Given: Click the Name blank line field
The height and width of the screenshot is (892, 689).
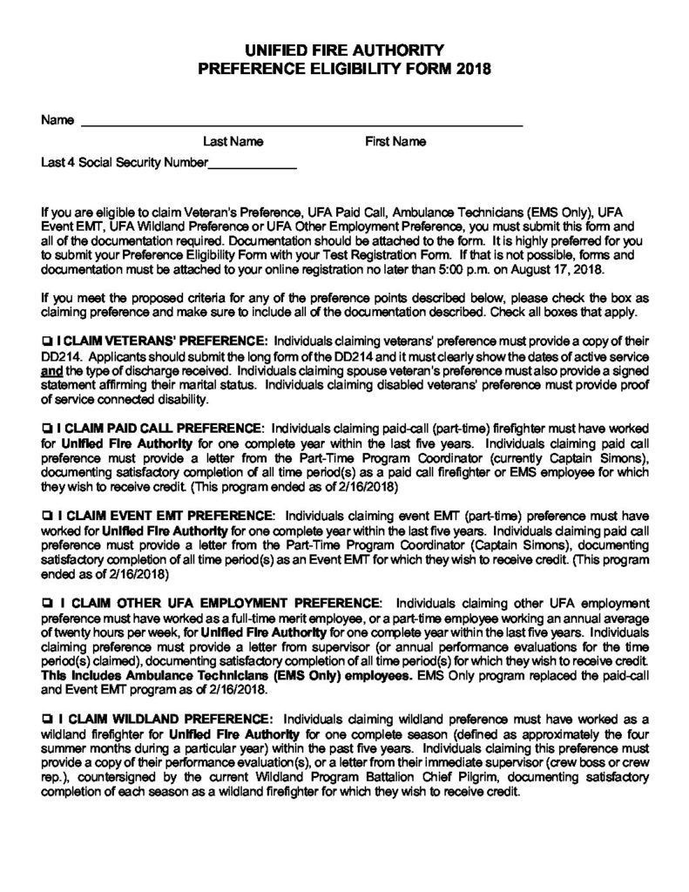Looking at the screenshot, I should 301,122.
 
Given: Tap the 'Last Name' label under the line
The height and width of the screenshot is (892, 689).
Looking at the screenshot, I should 233,141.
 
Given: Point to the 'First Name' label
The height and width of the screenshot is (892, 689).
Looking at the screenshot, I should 395,141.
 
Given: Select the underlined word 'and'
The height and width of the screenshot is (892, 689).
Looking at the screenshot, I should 51,368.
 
